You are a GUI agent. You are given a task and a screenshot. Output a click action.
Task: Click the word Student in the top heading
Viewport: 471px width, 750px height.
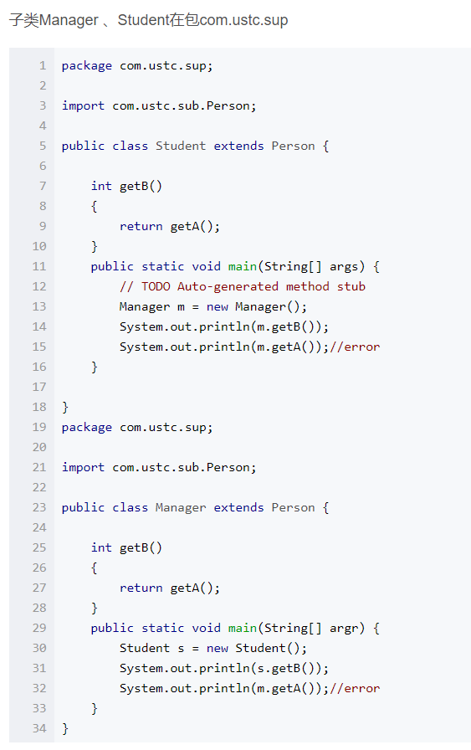143,20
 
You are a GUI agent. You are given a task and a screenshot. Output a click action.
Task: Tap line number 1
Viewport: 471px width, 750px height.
43,65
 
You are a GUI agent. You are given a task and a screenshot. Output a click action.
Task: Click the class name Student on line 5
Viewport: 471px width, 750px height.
181,146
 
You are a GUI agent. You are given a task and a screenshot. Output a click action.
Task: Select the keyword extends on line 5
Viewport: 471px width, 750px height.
238,146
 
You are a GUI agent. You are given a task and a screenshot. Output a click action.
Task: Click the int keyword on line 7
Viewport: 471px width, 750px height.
101,186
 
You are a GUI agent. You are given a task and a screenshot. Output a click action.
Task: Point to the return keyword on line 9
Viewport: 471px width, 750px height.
141,226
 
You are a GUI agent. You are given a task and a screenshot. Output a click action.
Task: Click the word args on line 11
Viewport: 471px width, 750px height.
344,267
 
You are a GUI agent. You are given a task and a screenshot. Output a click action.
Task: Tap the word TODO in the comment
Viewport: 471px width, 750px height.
156,286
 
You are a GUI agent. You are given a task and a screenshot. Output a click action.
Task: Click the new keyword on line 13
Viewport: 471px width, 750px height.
217,306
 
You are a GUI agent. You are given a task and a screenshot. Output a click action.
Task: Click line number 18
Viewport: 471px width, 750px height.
39,407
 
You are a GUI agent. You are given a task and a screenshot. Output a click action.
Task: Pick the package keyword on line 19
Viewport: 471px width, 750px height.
86,428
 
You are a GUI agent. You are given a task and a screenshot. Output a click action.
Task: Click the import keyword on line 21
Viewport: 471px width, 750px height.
83,468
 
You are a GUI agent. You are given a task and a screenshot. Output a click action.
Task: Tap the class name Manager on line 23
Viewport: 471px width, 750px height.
181,507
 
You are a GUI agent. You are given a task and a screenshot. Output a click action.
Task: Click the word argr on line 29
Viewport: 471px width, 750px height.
344,629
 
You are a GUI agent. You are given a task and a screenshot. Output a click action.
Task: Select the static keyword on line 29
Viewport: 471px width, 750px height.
162,628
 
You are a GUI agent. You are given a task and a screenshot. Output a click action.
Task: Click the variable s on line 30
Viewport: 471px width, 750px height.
181,649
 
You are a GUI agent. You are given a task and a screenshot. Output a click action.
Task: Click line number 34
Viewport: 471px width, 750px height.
39,728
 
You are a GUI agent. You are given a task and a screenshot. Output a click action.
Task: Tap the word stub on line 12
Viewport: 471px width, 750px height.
351,286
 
